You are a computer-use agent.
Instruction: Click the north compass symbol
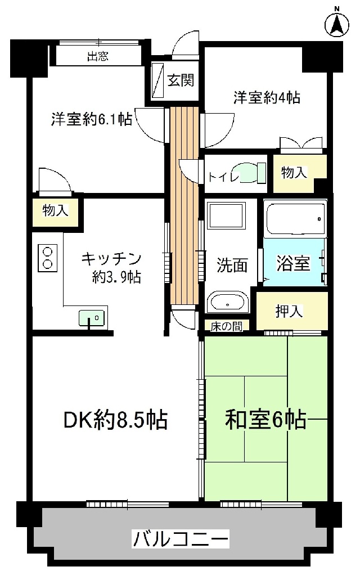(x=337, y=25)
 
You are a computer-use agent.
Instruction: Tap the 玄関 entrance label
(x=181, y=80)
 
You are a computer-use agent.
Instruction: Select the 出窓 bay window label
(x=98, y=56)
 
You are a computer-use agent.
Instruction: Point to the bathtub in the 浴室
(x=295, y=219)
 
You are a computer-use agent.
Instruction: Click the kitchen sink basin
(x=91, y=317)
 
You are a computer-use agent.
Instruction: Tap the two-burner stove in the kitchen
(x=48, y=258)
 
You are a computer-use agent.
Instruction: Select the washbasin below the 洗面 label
(x=227, y=302)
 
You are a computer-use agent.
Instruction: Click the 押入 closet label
(x=289, y=312)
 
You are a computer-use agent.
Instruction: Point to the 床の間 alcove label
(x=227, y=326)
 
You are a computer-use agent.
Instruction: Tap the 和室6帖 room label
(x=265, y=420)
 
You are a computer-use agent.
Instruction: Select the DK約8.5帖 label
(x=116, y=420)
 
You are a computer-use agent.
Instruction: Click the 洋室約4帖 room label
(x=267, y=98)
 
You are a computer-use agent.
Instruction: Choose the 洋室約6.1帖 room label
(x=91, y=119)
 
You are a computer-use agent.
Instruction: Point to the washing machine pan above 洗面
(x=226, y=215)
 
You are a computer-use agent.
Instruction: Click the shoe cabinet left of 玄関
(x=158, y=80)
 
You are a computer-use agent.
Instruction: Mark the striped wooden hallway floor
(x=184, y=206)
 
